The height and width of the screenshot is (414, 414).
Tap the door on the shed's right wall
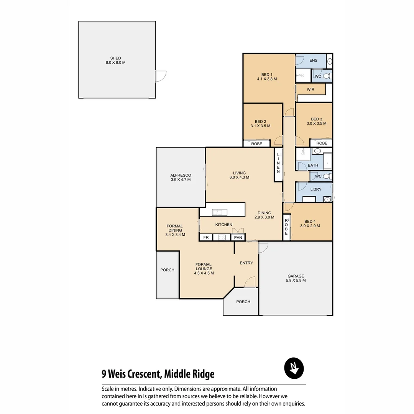point(160,76)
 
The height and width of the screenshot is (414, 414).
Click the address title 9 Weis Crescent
point(158,374)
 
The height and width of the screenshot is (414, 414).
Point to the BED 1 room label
point(267,77)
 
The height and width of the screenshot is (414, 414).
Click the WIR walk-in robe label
point(310,89)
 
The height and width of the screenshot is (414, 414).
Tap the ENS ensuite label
point(313,61)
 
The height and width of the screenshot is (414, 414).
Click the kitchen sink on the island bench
point(219,212)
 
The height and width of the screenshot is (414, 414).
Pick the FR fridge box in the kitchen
point(206,238)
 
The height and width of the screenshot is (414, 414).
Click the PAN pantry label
point(238,238)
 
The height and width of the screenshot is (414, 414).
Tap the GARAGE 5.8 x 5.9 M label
point(296,278)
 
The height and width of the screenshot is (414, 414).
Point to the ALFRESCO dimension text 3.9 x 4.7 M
point(181,179)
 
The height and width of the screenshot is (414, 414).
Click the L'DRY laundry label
point(315,190)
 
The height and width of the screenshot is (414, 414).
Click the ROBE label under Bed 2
point(256,144)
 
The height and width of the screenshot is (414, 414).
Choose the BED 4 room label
point(310,223)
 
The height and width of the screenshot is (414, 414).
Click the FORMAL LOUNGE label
point(204,269)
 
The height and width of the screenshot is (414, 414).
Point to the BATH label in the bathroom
point(313,166)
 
